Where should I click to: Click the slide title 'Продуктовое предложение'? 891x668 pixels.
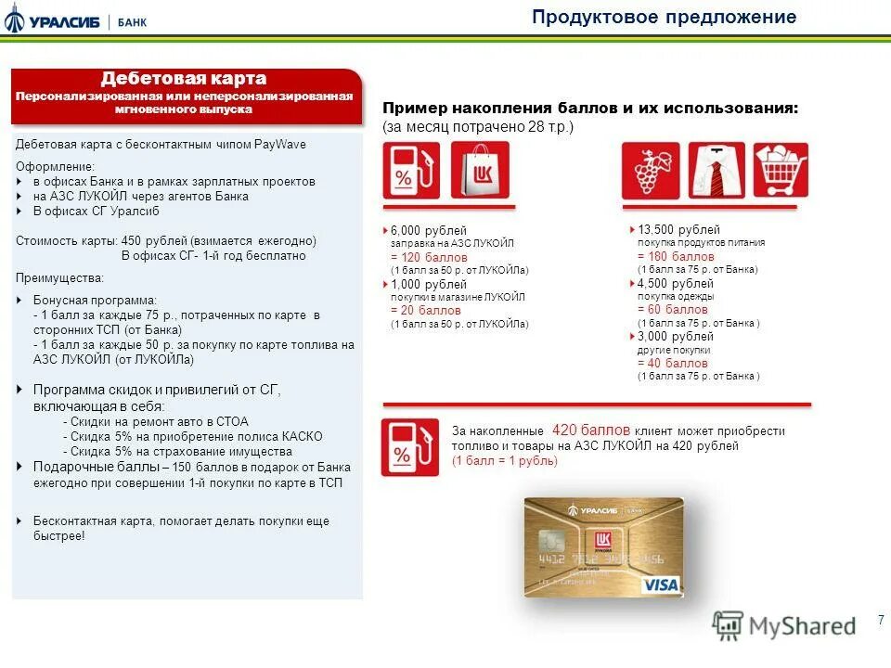point(664,18)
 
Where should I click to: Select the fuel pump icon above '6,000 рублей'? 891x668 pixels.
point(411,170)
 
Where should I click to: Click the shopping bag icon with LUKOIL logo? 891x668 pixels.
point(480,170)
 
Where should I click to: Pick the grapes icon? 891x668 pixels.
point(650,170)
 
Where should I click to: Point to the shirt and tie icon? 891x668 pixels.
point(716,170)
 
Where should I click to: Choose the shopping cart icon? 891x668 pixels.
point(781,170)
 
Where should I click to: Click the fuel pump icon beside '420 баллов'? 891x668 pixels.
point(409,447)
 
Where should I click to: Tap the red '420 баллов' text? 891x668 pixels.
point(591,430)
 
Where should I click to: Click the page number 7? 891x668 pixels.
point(880,621)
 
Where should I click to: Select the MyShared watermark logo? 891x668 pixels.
point(783,625)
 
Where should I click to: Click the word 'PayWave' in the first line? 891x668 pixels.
point(281,145)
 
